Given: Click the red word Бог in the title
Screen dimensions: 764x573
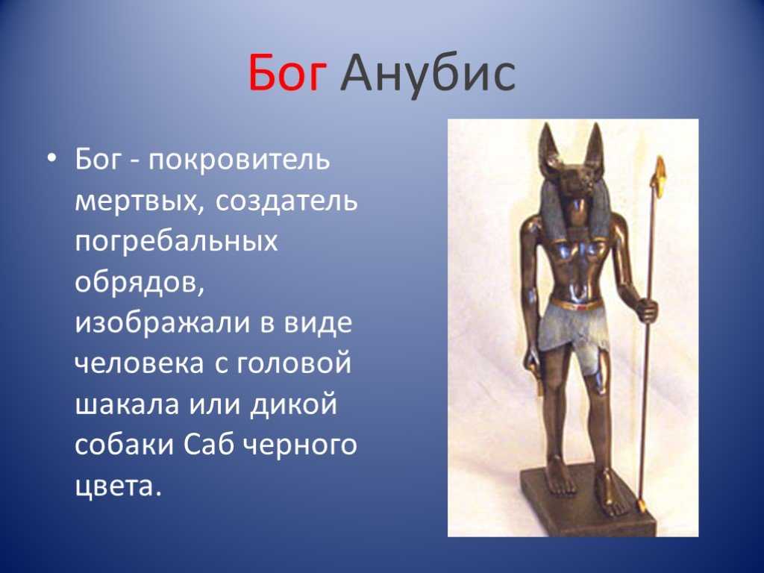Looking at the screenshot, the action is [286, 74].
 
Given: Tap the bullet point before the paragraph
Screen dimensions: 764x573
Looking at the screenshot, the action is [53, 159].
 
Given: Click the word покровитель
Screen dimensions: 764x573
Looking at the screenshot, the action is [239, 160].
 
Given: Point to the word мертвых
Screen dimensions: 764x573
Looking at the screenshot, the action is [138, 200].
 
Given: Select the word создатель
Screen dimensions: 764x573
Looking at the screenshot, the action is [286, 200].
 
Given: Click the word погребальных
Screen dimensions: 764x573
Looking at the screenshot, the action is [176, 241].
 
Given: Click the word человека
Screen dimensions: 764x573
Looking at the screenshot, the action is [140, 363].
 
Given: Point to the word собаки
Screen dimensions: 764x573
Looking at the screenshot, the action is [125, 445].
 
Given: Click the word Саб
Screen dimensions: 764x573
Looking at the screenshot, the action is [210, 445].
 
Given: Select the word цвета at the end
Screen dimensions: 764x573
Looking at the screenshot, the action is [118, 486].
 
